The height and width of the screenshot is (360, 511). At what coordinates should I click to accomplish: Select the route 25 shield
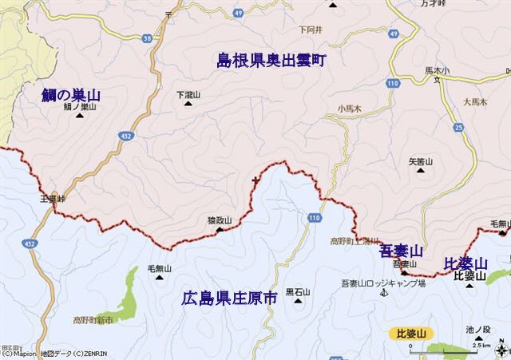click(x=458, y=127)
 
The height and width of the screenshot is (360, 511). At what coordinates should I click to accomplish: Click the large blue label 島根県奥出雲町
click(x=271, y=60)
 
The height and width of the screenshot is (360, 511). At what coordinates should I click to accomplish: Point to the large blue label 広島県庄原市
click(x=228, y=298)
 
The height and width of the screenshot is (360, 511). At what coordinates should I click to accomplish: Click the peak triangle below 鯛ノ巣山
click(x=80, y=116)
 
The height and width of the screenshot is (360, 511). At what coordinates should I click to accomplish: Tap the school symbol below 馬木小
click(x=437, y=80)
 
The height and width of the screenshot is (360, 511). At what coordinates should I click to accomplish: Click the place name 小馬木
click(x=349, y=107)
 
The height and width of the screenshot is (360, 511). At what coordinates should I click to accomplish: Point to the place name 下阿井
click(x=309, y=30)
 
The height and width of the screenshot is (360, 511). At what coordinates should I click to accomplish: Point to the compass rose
click(x=500, y=348)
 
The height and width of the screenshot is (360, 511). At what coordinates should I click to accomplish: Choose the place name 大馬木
click(x=474, y=101)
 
